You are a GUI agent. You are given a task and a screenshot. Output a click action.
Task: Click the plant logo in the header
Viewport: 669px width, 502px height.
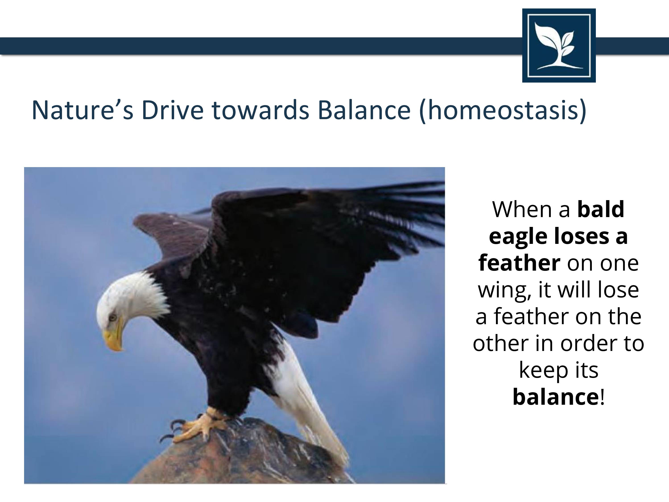click(x=559, y=45)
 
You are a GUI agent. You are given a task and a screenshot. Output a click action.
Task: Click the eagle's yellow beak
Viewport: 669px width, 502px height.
click(x=114, y=336)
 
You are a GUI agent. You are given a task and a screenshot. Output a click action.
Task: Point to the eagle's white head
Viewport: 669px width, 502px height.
click(x=130, y=306)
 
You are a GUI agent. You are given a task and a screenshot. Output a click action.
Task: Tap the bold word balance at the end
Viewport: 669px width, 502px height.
click(x=556, y=397)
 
